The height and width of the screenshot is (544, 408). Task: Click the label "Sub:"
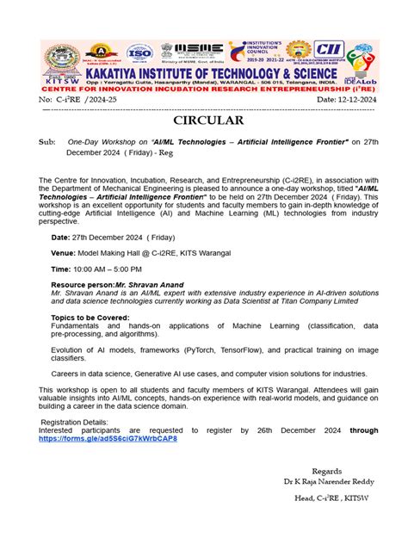click(x=46, y=142)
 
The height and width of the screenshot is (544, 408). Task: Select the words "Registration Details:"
click(x=77, y=423)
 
